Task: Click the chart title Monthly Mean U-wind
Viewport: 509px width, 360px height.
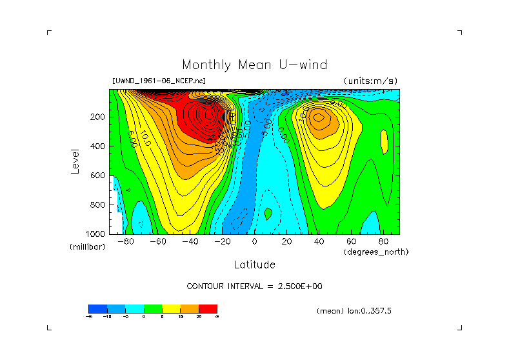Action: click(x=254, y=65)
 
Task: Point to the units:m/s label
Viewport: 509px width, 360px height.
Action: click(x=370, y=81)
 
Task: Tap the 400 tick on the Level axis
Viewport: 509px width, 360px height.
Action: click(x=99, y=146)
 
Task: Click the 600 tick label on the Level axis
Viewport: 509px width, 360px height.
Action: click(x=99, y=175)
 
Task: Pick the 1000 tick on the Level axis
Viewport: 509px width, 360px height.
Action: click(x=96, y=234)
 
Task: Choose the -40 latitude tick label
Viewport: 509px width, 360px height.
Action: click(x=188, y=241)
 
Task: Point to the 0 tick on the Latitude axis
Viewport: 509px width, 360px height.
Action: click(x=254, y=241)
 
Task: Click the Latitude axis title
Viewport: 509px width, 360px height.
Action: click(x=254, y=265)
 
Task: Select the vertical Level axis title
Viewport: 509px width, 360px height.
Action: click(x=76, y=161)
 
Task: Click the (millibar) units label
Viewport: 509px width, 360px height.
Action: click(x=87, y=247)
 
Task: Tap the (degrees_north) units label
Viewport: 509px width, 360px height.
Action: click(x=376, y=252)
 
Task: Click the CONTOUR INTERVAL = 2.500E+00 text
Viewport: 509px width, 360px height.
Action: click(x=254, y=286)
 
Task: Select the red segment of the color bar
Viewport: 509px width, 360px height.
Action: click(x=208, y=308)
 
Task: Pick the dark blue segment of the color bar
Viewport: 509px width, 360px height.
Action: click(x=97, y=308)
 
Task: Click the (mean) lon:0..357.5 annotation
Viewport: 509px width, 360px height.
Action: click(x=354, y=311)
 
